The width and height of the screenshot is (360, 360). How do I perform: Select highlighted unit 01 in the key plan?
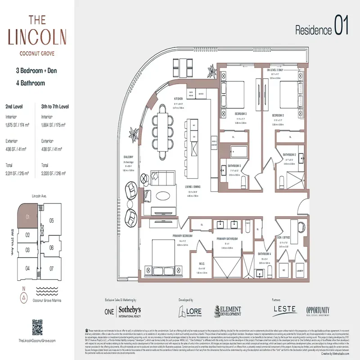pyautogui.click(x=28, y=217)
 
